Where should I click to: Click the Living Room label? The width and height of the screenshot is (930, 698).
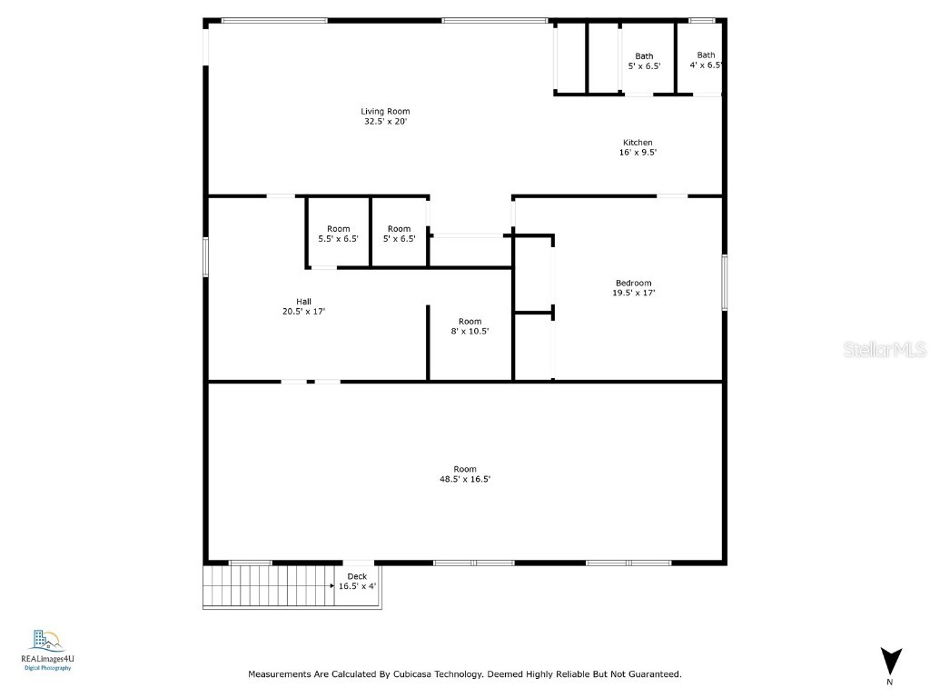coord(385,116)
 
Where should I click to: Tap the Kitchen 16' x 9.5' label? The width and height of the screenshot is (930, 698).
coord(638,147)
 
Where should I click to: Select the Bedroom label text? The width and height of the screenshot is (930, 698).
coord(633,288)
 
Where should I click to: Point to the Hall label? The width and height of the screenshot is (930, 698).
coord(303,306)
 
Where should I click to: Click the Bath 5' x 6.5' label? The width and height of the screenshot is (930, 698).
coord(644,61)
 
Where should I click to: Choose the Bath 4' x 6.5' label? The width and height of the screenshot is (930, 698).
coord(706,60)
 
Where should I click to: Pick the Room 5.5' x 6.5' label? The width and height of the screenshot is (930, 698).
coord(338,234)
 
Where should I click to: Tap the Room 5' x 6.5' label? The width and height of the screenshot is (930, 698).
coord(400,234)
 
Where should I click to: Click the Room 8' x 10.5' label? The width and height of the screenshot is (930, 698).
coord(470,326)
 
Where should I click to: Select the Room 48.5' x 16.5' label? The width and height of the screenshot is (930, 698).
coord(465,474)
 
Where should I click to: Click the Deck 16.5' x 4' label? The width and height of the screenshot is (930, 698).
coord(357,581)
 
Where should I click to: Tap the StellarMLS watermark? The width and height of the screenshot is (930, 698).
coord(885,349)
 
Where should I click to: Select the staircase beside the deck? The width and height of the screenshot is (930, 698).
coord(269,586)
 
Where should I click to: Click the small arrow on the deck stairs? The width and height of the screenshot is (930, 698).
coord(332,586)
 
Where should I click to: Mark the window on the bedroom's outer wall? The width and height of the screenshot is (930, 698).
coord(724,283)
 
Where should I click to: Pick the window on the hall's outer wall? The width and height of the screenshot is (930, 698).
coord(206,257)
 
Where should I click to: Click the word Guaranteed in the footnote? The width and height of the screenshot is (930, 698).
coord(656,674)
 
